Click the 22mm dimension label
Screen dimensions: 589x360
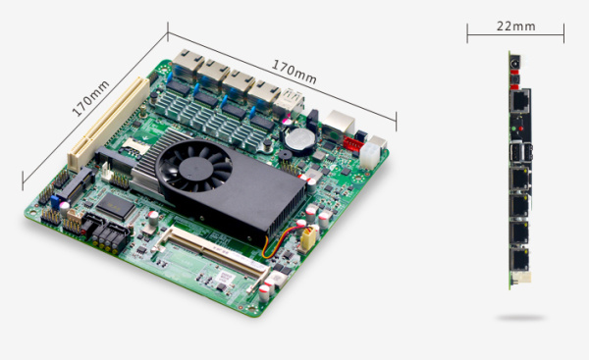tap(515, 26)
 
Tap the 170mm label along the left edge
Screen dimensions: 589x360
tap(90, 98)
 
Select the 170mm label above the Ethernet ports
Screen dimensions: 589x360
tap(294, 72)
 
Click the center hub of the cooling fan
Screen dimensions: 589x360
tap(193, 169)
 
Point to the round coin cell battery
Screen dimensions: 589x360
tap(299, 139)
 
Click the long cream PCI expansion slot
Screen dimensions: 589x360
tap(109, 123)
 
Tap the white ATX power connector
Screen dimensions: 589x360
tap(370, 155)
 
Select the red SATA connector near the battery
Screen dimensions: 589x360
tap(352, 144)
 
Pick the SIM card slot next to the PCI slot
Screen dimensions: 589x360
tap(135, 145)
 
